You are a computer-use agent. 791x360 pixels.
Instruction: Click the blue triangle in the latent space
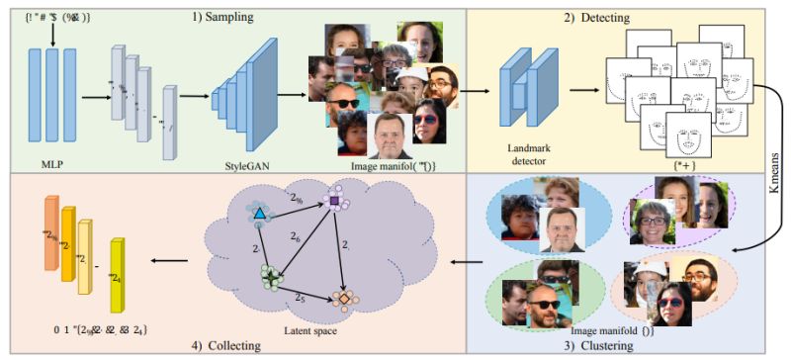coord(258,214)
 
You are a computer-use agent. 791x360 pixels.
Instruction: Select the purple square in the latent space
coord(334,202)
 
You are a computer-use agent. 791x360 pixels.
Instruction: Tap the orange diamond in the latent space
coord(341,295)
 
